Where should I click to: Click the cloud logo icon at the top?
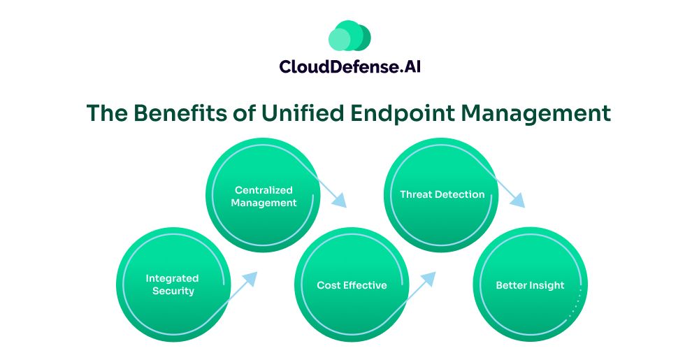pos(349,36)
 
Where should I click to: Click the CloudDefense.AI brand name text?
pos(350,67)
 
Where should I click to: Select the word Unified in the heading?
pos(303,113)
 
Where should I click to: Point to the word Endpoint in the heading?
pos(403,114)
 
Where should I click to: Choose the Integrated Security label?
pos(172,285)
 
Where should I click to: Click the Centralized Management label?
pos(264,196)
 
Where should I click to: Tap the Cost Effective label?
pos(352,285)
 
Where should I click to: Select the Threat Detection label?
pos(442,194)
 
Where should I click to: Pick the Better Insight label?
pos(530,285)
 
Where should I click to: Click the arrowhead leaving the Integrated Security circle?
pos(250,278)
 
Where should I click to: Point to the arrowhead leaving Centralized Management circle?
pos(340,201)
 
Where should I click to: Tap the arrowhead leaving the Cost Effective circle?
pos(429,278)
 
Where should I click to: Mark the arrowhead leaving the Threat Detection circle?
pos(518,201)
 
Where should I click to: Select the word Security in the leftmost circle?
pos(173,291)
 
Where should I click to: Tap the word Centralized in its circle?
pos(264,190)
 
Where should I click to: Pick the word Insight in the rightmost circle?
pos(547,286)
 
